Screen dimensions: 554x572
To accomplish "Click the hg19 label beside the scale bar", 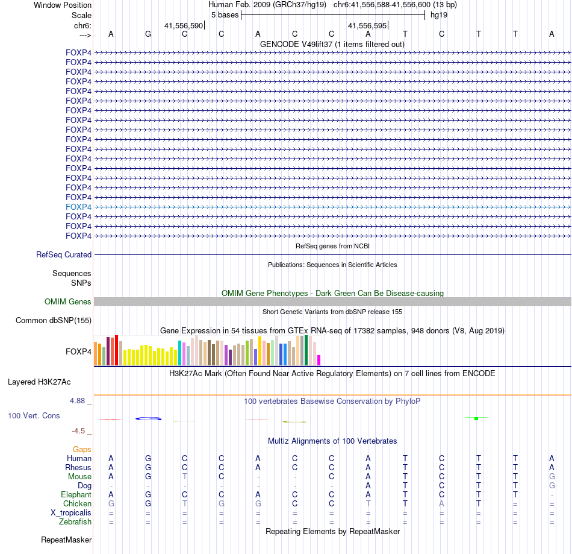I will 438,15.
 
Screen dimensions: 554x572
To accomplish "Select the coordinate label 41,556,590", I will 184,25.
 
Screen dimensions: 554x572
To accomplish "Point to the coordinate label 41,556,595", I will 367,25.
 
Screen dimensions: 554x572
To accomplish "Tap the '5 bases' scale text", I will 225,15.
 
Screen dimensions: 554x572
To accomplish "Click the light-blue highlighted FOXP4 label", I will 78,207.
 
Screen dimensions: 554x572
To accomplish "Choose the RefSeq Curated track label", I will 64,255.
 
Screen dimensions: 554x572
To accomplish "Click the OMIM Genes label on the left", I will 68,302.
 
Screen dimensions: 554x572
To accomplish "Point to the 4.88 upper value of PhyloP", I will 79,400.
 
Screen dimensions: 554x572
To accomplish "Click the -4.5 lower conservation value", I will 81,431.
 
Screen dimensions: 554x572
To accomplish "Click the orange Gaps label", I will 82,449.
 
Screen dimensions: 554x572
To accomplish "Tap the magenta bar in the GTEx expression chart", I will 319,360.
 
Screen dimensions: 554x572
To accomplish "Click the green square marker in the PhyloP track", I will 476,418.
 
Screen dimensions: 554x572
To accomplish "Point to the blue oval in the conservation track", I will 148,418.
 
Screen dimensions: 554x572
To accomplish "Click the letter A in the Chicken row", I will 441,503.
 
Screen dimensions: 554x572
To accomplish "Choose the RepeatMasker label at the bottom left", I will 66,540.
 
